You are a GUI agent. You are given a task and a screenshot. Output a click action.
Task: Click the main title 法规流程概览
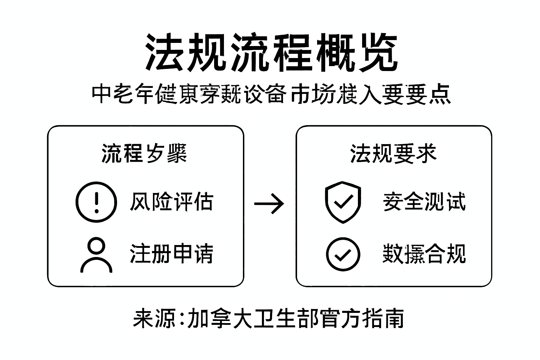coord(271,53)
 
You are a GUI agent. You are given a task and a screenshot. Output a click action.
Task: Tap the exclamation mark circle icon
coord(96,202)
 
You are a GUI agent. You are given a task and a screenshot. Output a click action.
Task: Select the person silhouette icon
coord(96,255)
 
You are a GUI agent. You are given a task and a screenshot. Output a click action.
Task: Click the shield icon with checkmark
coord(343,202)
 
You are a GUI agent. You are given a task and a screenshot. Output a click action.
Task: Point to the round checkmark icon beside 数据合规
coord(343,254)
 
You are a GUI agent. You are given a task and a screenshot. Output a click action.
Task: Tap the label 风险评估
coord(171,202)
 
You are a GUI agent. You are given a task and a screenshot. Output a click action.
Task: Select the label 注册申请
coord(171,253)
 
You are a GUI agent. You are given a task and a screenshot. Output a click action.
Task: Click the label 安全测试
coord(424,202)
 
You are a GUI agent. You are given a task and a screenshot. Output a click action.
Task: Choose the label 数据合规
coord(424,253)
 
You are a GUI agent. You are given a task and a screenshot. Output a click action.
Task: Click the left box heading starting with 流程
coord(144,154)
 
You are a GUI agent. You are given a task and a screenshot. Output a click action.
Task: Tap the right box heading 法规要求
coord(393,154)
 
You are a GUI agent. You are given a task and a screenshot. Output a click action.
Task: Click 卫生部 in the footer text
coord(286,319)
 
